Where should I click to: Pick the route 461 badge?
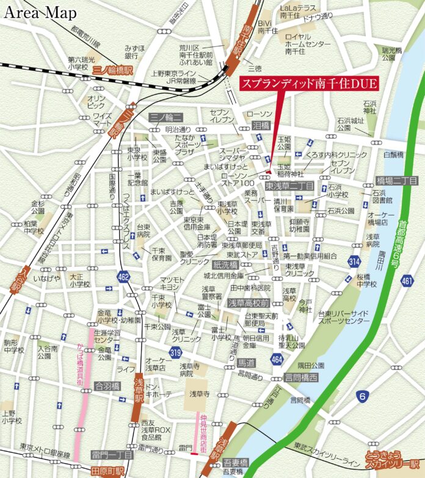[407, 280]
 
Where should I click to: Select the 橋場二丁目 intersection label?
[397, 180]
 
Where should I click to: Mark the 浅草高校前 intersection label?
[249, 302]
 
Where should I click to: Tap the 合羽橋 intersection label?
[108, 386]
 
